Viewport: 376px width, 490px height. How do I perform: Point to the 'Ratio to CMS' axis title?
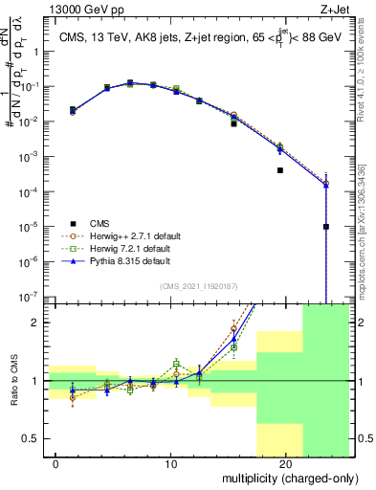pyautogui.click(x=12, y=381)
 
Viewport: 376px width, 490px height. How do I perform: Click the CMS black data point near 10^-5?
pyautogui.click(x=326, y=227)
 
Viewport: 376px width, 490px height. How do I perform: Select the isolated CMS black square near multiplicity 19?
pyautogui.click(x=280, y=170)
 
